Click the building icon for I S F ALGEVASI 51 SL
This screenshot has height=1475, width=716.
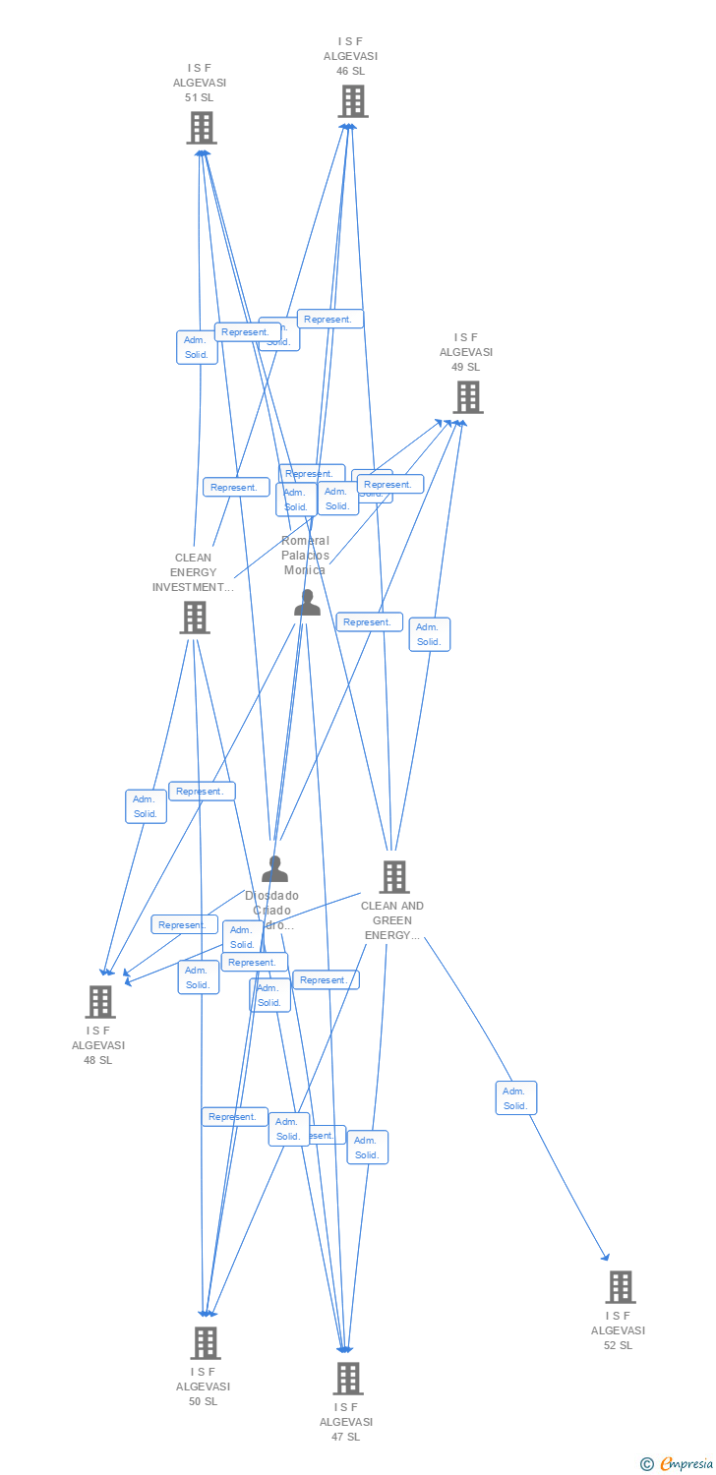(202, 128)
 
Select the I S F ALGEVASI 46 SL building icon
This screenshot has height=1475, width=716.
(352, 101)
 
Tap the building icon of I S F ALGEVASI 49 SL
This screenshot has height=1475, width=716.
(467, 397)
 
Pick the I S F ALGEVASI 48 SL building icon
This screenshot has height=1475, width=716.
(99, 1002)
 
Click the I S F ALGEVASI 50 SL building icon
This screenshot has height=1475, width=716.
(205, 1342)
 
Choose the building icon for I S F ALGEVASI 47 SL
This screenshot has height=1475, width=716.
(347, 1378)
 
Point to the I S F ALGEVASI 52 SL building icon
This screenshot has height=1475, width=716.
(620, 1286)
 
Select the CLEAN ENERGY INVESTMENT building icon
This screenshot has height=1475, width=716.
(195, 618)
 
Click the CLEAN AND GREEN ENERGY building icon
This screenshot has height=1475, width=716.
(393, 876)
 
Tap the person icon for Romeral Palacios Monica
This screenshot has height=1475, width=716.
(307, 603)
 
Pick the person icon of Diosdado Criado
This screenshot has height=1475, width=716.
(274, 869)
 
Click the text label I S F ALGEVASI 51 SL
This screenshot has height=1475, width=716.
(200, 84)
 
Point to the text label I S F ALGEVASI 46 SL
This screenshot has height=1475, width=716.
(351, 56)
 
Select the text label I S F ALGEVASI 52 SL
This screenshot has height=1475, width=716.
(618, 1330)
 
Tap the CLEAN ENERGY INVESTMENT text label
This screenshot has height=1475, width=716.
(193, 572)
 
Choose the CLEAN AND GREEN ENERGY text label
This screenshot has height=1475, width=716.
(392, 920)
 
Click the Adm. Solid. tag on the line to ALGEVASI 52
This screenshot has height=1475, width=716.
(515, 1098)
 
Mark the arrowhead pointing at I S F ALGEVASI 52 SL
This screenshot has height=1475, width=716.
(607, 1258)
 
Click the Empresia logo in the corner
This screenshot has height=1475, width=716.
(678, 1464)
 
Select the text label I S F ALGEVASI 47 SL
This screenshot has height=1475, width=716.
(346, 1422)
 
